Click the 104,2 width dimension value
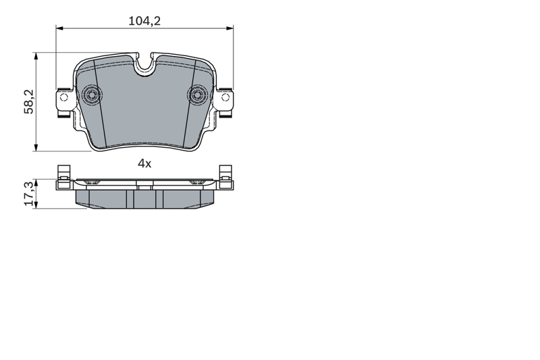tap(144, 21)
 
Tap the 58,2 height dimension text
tap(29, 101)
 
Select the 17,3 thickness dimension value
tap(30, 194)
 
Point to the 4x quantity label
tap(144, 163)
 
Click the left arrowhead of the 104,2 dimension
tap(59, 28)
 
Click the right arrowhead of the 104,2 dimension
tap(230, 28)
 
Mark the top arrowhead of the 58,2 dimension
tap(36, 57)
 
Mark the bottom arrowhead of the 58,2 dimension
tap(36, 147)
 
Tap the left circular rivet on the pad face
tap(92, 94)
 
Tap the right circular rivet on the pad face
tap(198, 94)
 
